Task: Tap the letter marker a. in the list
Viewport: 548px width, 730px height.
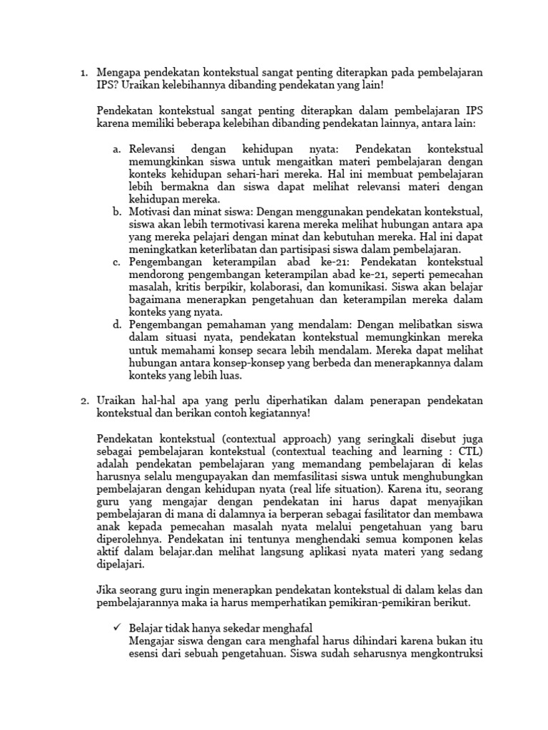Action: (117, 150)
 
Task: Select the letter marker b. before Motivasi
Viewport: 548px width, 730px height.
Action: (117, 212)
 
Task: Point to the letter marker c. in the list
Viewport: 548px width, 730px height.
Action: (117, 262)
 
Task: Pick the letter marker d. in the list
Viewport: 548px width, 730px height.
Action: (117, 325)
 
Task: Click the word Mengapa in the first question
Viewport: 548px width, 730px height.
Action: (119, 73)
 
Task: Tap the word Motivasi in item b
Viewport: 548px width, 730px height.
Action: (152, 212)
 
